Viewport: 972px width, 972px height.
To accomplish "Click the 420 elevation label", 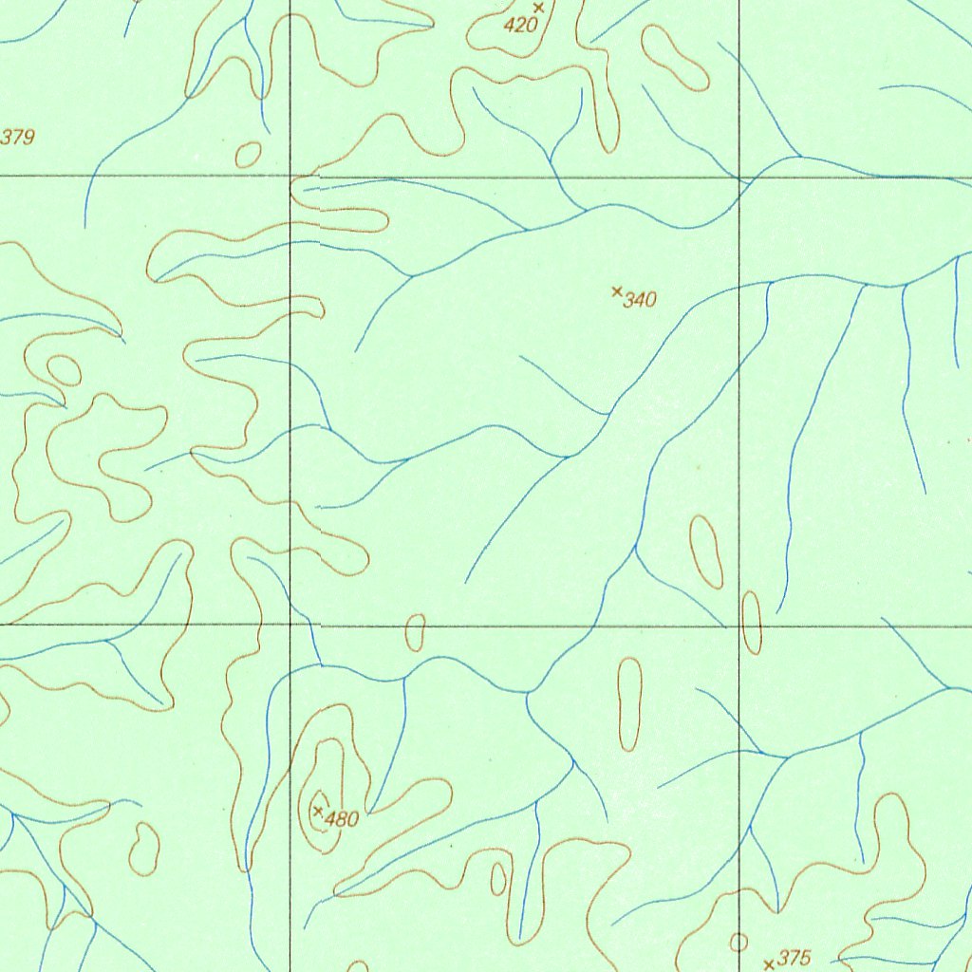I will coord(520,26).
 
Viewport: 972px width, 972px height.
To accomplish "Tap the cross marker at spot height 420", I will coord(538,8).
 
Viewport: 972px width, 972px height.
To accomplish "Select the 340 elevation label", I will coord(641,301).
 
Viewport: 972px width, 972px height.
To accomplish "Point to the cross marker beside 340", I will coord(617,291).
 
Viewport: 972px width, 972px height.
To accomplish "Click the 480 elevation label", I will coord(342,819).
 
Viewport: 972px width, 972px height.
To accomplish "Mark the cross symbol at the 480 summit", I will coord(318,811).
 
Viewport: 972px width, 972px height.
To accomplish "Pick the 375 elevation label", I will coord(794,959).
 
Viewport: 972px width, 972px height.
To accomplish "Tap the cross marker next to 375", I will coord(769,965).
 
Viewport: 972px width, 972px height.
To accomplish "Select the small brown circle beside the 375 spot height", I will coord(738,943).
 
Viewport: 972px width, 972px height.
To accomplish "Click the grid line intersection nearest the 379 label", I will coord(290,177).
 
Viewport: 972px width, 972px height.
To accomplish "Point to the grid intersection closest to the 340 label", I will coord(739,177).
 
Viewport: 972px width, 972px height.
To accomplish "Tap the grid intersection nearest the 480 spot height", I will coord(290,626).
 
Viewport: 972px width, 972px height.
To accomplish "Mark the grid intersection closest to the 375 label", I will coord(739,626).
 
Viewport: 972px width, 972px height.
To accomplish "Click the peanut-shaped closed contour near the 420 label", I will coord(675,58).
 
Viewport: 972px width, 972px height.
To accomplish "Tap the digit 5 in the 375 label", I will coord(805,959).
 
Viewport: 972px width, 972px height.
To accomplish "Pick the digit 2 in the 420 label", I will coord(520,26).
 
